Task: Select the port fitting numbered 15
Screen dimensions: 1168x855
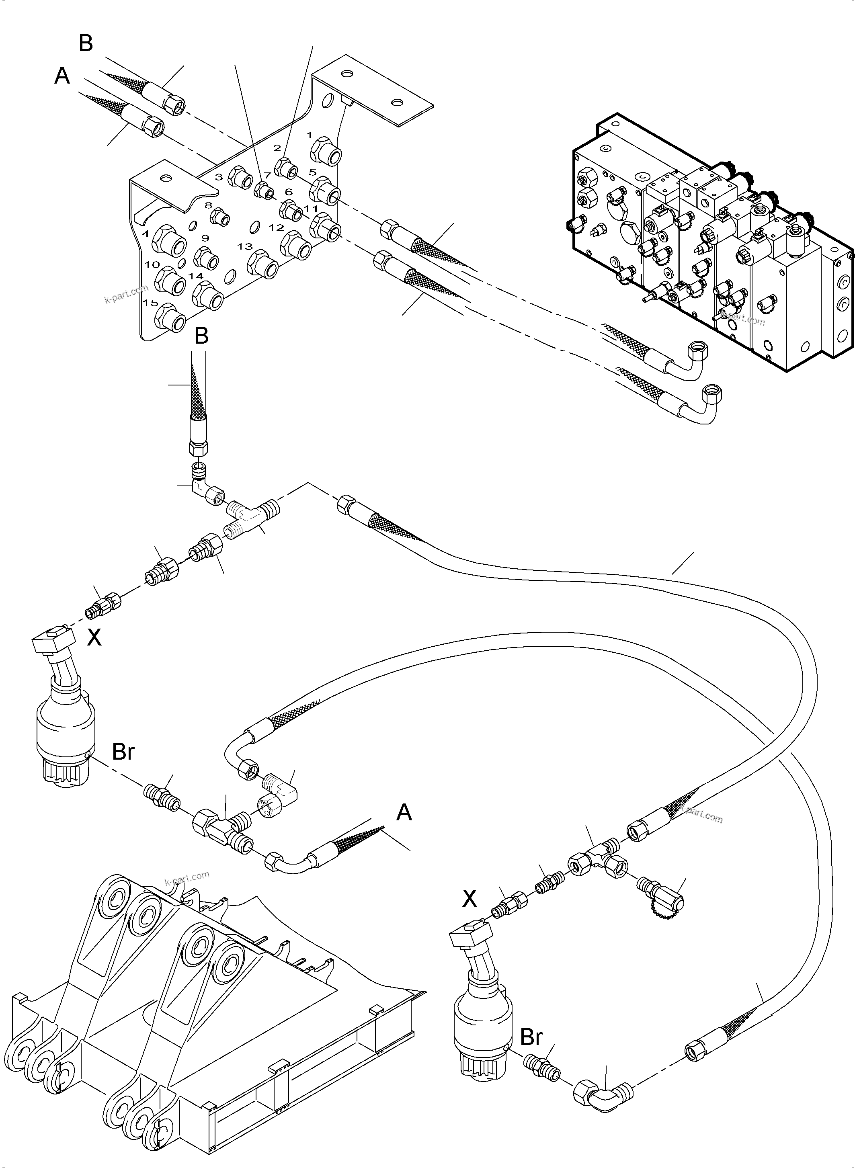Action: [x=172, y=319]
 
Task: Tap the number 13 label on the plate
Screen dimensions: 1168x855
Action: [x=244, y=246]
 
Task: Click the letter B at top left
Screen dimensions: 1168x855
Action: [x=86, y=43]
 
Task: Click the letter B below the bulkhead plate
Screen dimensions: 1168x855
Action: [x=201, y=336]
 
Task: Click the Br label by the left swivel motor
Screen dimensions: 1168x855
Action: [x=123, y=752]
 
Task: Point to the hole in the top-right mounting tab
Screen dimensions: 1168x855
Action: [x=397, y=102]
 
